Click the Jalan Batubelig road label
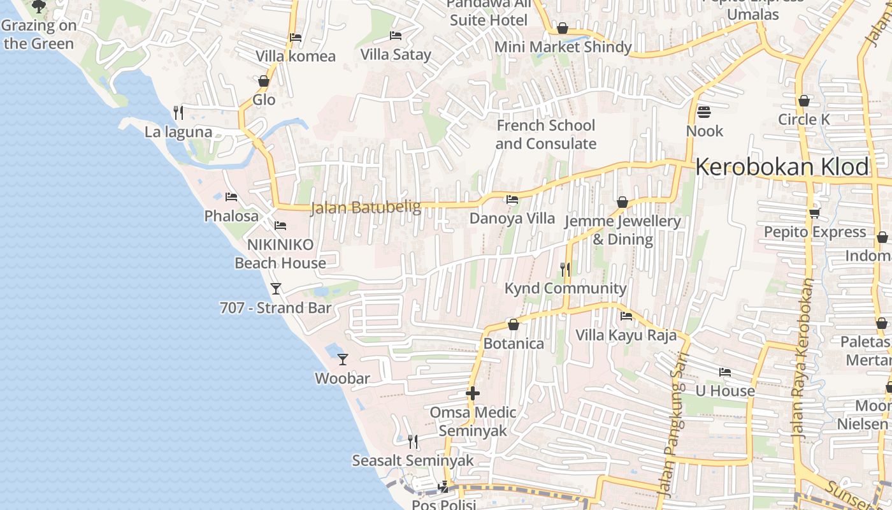(x=366, y=208)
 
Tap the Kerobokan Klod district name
(x=782, y=167)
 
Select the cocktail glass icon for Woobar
(x=343, y=360)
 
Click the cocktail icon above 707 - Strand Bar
(x=276, y=289)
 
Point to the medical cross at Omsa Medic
(x=473, y=393)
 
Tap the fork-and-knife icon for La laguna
(x=178, y=113)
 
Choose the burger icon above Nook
(x=704, y=112)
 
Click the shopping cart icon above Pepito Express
(x=814, y=213)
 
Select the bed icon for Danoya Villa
(x=512, y=200)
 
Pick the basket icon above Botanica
(x=514, y=324)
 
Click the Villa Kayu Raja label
(x=626, y=335)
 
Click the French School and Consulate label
(x=545, y=135)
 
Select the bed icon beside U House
(x=724, y=372)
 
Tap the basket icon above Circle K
(x=804, y=101)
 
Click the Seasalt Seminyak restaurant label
(x=413, y=460)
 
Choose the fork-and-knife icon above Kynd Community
(x=565, y=269)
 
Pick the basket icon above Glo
(x=264, y=81)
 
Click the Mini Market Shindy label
(x=563, y=47)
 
